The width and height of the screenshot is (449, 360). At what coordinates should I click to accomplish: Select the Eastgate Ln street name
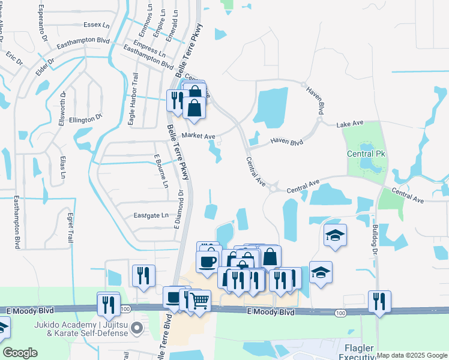151,215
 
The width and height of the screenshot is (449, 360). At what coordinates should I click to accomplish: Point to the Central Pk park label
366,154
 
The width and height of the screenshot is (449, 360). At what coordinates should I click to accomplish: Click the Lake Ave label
351,124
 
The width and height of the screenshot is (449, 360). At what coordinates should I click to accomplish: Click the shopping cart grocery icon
199,299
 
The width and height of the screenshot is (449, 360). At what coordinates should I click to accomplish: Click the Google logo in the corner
20,353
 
